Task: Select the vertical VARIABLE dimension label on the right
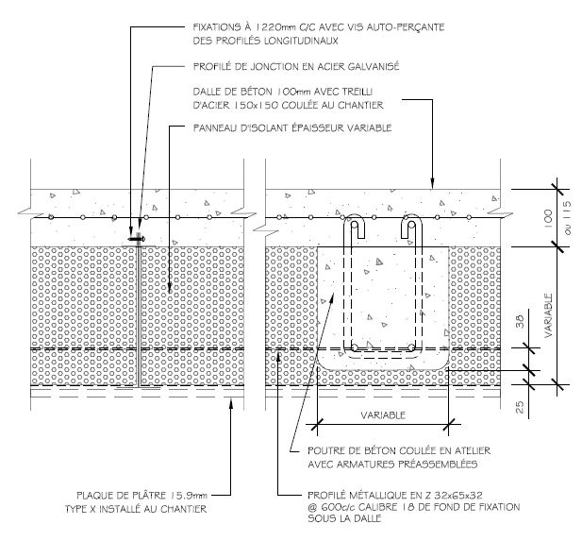pos(549,315)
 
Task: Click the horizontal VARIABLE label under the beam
pos(383,415)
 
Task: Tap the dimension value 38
pos(520,321)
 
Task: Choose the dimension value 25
pos(520,407)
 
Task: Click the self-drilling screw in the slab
pos(137,239)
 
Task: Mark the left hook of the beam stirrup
pos(355,226)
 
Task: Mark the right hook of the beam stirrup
pos(411,226)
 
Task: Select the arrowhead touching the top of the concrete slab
pos(432,182)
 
